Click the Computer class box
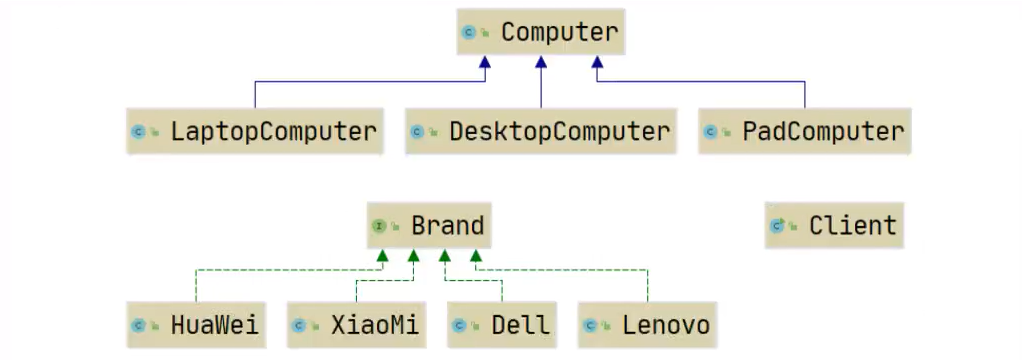pyautogui.click(x=541, y=32)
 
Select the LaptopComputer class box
pyautogui.click(x=255, y=131)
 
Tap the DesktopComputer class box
pyautogui.click(x=541, y=131)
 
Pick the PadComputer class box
pyautogui.click(x=804, y=131)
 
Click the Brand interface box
pyautogui.click(x=427, y=225)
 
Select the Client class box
pyautogui.click(x=834, y=225)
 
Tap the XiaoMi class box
pyautogui.click(x=356, y=325)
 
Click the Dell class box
pyautogui.click(x=502, y=325)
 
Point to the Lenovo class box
pyautogui.click(x=647, y=325)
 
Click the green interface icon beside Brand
pyautogui.click(x=380, y=226)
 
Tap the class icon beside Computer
pyautogui.click(x=468, y=33)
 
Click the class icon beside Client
pyautogui.click(x=777, y=226)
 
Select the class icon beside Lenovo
pyautogui.click(x=590, y=326)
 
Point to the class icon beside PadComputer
pyautogui.click(x=710, y=132)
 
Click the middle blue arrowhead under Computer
pyautogui.click(x=541, y=62)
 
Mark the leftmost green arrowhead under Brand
pyautogui.click(x=381, y=257)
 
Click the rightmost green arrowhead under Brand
pyautogui.click(x=474, y=257)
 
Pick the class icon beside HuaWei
pyautogui.click(x=139, y=326)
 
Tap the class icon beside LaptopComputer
pyautogui.click(x=139, y=132)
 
